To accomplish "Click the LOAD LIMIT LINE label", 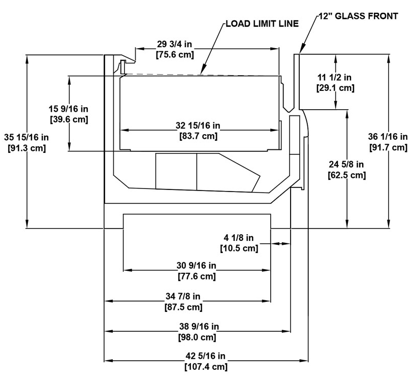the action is point(262,24).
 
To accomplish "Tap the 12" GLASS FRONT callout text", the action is point(358,16).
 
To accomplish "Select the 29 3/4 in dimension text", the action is point(175,44).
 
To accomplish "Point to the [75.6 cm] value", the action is point(175,55).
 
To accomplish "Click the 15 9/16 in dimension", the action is point(69,109).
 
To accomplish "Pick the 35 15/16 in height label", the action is point(26,137).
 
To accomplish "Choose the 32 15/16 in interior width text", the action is point(198,125).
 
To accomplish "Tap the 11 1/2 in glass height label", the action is point(335,77).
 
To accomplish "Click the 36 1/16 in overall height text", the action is point(388,137).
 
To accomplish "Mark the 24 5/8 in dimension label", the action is point(346,164).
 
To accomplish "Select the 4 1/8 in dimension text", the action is point(239,238).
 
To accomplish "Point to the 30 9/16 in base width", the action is point(197,265).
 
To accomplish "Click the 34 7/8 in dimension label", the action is point(183,296).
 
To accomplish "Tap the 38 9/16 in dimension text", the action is point(199,327).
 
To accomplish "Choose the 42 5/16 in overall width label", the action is point(205,356).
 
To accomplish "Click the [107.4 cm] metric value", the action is point(206,367).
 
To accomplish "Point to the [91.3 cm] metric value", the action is point(27,148).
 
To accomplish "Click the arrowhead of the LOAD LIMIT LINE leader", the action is point(201,74).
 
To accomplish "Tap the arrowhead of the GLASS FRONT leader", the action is point(300,52).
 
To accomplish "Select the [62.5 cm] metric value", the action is point(346,175).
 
